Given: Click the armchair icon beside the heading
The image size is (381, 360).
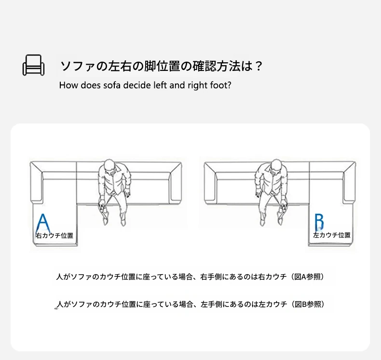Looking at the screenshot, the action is click(34, 65).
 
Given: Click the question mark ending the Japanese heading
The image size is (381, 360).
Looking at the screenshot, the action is click(259, 66).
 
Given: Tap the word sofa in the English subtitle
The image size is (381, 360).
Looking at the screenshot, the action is click(112, 85).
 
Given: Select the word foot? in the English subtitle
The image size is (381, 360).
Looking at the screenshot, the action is click(221, 85).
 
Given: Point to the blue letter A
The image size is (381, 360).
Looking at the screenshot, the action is click(43, 223).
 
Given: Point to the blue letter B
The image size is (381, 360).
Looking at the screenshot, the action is click(319, 222).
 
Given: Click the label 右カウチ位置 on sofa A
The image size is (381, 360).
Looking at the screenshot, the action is click(54, 235).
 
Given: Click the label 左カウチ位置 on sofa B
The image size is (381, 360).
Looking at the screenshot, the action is click(332, 235).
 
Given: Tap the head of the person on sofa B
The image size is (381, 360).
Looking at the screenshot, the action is click(275, 166).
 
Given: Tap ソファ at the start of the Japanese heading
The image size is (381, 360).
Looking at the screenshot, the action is click(78, 66).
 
